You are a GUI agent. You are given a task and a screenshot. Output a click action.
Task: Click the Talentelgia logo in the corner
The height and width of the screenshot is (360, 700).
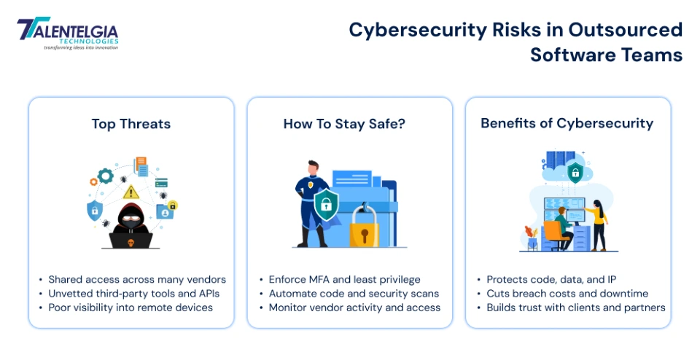point(66,34)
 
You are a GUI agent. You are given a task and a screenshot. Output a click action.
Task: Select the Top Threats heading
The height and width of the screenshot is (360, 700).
point(131,124)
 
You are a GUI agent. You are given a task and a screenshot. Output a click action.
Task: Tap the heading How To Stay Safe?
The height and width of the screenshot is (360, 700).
point(344,124)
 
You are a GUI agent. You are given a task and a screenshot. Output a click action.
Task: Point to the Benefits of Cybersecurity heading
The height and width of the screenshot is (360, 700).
point(567,123)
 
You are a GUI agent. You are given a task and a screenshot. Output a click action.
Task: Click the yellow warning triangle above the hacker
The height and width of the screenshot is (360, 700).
point(131,192)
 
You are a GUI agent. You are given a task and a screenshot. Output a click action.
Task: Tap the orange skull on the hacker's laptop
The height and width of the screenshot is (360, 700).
point(131,241)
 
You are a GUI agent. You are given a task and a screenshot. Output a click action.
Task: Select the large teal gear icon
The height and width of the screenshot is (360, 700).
point(106,176)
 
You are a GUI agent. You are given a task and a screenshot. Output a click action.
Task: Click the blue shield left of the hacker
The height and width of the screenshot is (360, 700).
point(95,211)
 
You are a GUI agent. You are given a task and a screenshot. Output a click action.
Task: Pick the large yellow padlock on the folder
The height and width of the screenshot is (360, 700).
point(364,227)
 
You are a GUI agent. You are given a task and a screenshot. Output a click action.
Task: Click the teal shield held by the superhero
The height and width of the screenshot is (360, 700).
point(326,206)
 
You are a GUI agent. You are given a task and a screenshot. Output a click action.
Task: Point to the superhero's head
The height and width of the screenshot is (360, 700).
point(313,167)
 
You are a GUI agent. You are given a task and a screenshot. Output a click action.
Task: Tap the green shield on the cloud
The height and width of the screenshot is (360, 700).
point(575,173)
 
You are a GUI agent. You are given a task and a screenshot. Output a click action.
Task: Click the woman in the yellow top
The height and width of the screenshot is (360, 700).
point(598,222)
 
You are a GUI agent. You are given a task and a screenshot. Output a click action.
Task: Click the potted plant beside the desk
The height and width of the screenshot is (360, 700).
point(532,237)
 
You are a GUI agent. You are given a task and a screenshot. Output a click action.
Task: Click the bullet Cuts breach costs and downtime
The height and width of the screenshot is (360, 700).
point(567,293)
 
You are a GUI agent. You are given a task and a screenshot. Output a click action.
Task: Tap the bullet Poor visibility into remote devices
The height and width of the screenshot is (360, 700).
point(131,307)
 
